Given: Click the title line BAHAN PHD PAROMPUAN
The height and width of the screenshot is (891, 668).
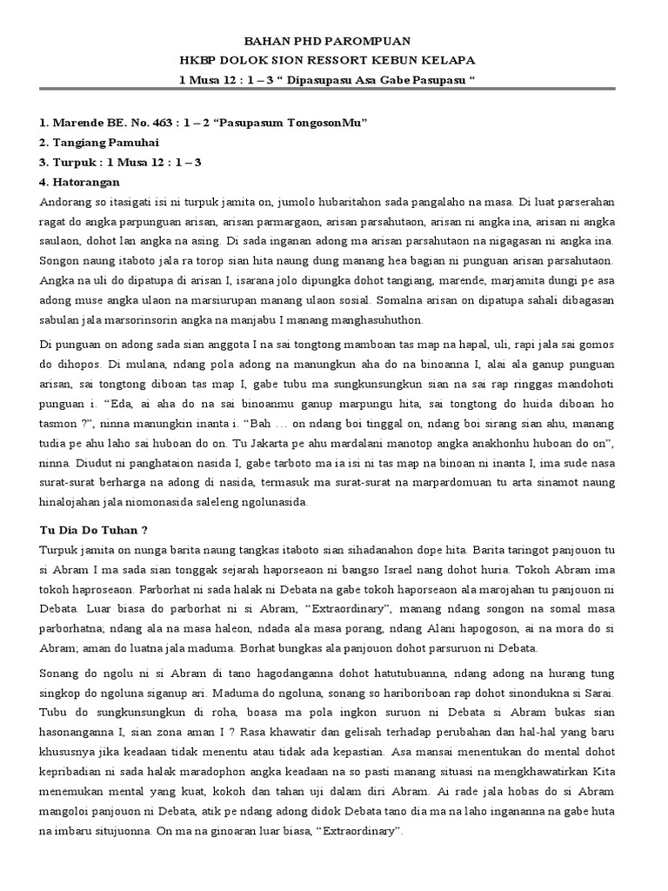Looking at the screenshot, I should pos(333,41).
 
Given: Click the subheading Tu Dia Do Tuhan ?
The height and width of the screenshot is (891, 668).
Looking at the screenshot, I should pos(88,530).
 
